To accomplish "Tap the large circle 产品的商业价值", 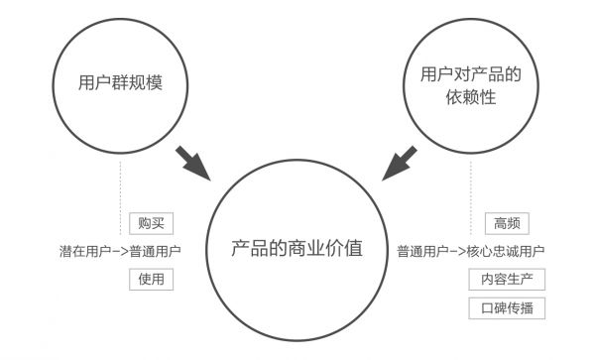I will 297,250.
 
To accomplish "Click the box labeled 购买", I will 152,222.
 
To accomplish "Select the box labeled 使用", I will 152,279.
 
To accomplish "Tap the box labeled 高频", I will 508,222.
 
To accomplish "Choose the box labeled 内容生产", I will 507,279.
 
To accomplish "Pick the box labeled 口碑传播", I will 507,307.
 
